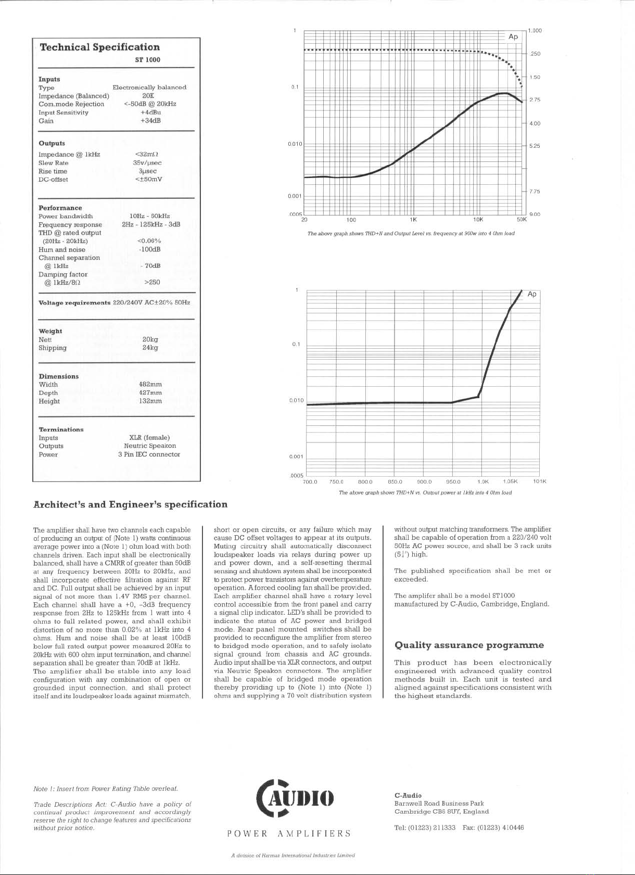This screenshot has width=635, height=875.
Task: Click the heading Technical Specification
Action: (99, 47)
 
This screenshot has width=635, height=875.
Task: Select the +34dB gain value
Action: (150, 121)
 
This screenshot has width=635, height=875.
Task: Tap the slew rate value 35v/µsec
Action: (147, 163)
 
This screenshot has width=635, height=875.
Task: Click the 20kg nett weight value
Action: (150, 339)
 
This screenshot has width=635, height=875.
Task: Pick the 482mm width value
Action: (150, 385)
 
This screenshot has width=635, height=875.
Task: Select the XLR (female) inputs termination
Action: (149, 438)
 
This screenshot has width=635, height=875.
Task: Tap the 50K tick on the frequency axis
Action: (522, 220)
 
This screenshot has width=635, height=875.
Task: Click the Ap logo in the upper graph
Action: (513, 36)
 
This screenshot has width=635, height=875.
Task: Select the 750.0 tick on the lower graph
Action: (336, 481)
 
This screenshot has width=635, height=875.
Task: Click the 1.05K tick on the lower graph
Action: (510, 481)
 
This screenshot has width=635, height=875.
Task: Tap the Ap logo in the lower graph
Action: (532, 294)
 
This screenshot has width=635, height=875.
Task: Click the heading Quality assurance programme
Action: (469, 645)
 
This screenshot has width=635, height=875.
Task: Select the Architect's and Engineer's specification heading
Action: (130, 504)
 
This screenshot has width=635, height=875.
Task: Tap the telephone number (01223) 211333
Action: (431, 828)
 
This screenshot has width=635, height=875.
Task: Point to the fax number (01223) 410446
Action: (500, 828)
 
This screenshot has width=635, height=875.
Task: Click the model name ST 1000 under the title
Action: (148, 60)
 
